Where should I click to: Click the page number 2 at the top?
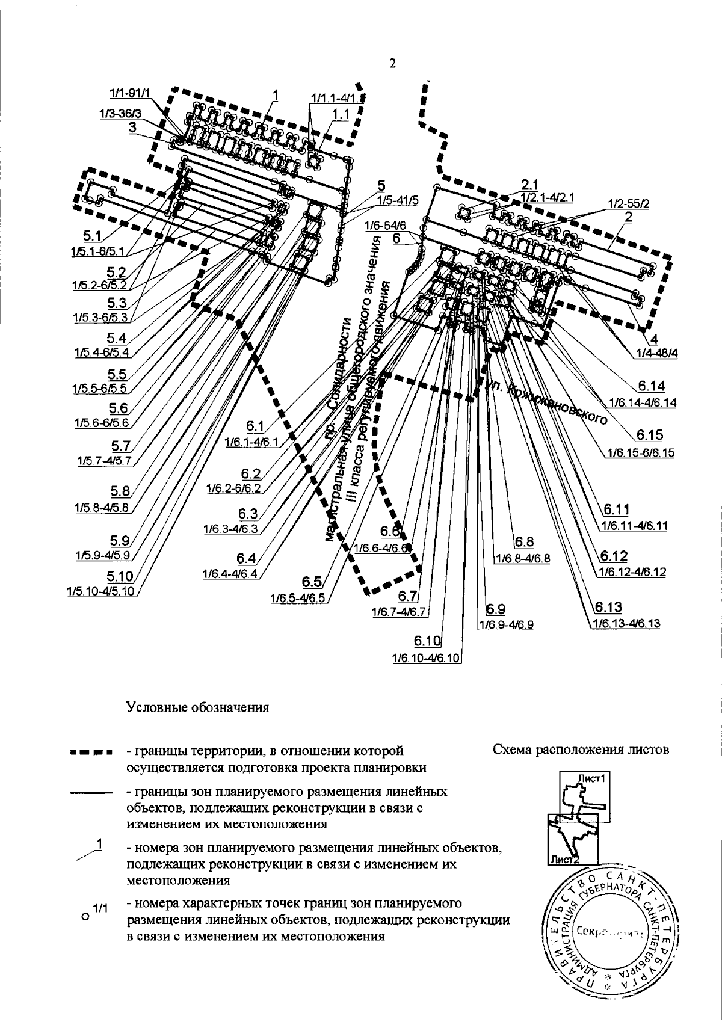[392, 64]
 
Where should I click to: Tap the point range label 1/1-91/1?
[131, 93]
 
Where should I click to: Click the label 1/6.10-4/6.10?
[426, 657]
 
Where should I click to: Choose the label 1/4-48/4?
[655, 353]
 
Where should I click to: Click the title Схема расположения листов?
[581, 750]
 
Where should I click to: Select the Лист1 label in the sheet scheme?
[590, 778]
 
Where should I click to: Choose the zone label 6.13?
[609, 606]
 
